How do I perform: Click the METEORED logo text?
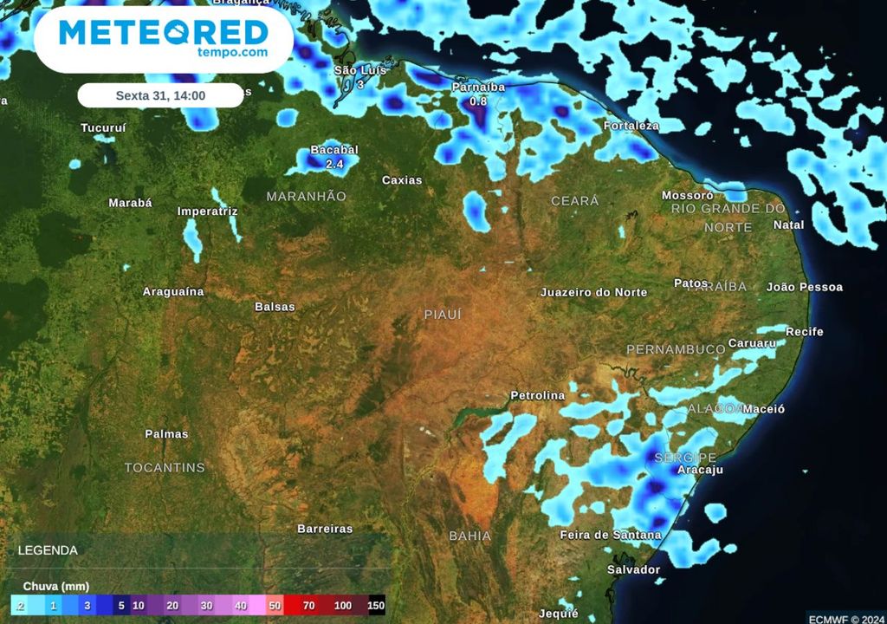(163, 33)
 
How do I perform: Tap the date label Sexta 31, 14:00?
(160, 95)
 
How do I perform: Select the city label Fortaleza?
(631, 126)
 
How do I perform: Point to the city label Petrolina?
(537, 395)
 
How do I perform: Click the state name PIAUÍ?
(443, 315)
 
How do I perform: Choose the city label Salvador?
(633, 569)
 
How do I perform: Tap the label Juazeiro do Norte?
(593, 292)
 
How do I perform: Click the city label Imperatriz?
(207, 211)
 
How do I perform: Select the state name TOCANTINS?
(165, 468)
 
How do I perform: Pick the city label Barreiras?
(325, 528)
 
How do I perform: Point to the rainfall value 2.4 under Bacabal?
(334, 163)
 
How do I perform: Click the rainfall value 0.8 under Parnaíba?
(478, 101)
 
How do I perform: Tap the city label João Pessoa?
(805, 287)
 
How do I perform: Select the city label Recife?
(805, 332)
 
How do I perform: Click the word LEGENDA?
(48, 550)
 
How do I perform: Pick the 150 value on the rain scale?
(375, 606)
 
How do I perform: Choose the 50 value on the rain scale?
(275, 606)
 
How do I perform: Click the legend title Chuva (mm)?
(55, 587)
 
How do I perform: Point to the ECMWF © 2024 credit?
(845, 618)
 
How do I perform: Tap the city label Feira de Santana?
(611, 535)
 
